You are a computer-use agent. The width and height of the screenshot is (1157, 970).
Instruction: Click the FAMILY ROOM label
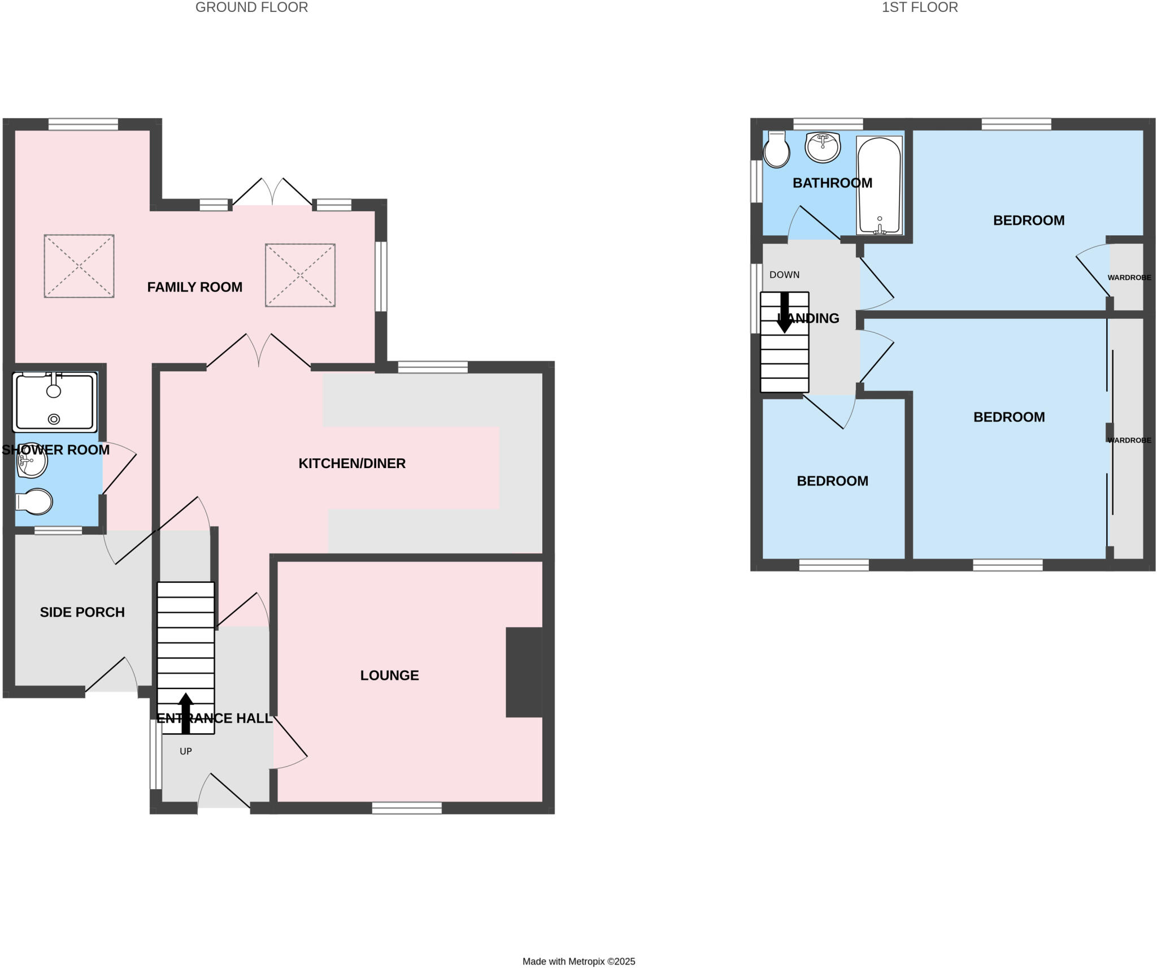(x=194, y=287)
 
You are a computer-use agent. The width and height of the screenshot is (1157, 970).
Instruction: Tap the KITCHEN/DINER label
(x=351, y=464)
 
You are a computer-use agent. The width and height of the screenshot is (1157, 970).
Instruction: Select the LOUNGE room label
(x=389, y=675)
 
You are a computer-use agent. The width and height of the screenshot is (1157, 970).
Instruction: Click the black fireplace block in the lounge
(x=524, y=672)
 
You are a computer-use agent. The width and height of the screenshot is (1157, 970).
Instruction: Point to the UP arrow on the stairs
(x=185, y=713)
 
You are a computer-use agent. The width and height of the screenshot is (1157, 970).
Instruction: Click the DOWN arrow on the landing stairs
(x=784, y=313)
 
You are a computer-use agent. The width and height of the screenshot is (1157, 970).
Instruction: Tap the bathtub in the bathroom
(x=879, y=185)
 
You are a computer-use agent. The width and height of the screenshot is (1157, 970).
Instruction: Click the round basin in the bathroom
(x=823, y=147)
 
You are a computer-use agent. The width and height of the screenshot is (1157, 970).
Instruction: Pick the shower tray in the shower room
(x=55, y=402)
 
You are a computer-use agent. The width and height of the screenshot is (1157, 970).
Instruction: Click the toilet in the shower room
(x=35, y=501)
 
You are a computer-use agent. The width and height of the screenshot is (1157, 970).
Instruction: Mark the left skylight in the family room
(x=79, y=266)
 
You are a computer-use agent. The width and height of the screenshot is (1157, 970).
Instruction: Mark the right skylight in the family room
(x=300, y=275)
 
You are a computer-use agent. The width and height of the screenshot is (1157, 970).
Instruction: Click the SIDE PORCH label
(x=82, y=612)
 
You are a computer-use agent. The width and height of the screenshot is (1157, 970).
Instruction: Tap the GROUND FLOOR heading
(x=251, y=7)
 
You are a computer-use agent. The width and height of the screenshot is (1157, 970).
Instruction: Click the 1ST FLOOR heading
(x=919, y=7)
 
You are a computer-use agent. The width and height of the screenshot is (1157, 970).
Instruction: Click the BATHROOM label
(x=832, y=183)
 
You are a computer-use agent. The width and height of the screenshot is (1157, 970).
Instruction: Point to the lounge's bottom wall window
(x=407, y=808)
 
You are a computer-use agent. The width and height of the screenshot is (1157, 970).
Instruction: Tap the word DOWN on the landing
(x=784, y=275)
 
